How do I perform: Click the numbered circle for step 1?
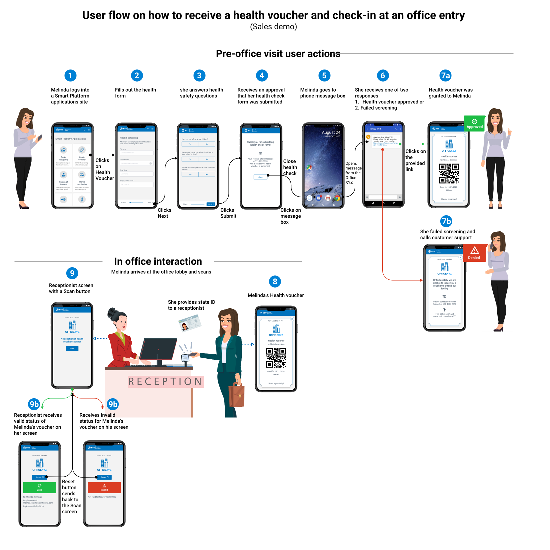coord(70,75)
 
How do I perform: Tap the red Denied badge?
coord(474,253)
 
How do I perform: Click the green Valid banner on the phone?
coord(39,487)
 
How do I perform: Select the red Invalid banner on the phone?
coord(104,487)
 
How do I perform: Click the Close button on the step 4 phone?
coord(260,177)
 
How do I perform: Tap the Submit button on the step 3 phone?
coord(211,204)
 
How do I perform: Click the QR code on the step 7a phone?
coord(449,173)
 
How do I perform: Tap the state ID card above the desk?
coord(189,323)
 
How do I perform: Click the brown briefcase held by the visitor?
coord(237,395)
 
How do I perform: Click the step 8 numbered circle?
coord(275,281)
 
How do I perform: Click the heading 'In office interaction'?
coord(158,261)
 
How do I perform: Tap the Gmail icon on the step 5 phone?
coord(328,198)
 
